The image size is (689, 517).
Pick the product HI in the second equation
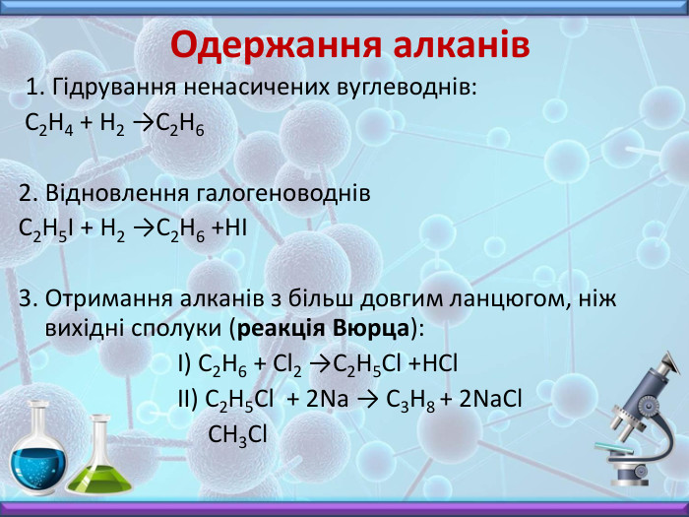(234, 229)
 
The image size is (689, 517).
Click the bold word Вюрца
(374, 326)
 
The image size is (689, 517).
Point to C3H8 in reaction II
(414, 399)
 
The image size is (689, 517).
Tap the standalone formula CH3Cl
(237, 434)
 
